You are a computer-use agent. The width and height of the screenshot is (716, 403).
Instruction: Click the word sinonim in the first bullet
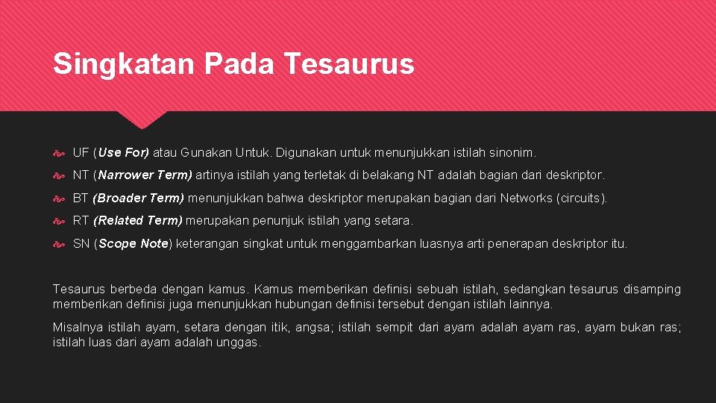point(511,153)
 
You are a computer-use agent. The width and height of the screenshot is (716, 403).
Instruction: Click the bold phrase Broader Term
point(139,199)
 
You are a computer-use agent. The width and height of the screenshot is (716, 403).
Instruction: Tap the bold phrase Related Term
point(138,221)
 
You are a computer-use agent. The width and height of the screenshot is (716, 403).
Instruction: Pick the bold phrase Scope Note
point(134,244)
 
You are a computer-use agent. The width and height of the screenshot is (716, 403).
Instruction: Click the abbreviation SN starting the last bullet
point(81,244)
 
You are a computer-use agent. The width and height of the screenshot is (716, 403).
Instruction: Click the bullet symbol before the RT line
point(60,221)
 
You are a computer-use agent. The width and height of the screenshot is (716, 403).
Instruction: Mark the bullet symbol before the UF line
point(60,153)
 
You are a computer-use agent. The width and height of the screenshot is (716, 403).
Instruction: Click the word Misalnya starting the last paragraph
point(76,328)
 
